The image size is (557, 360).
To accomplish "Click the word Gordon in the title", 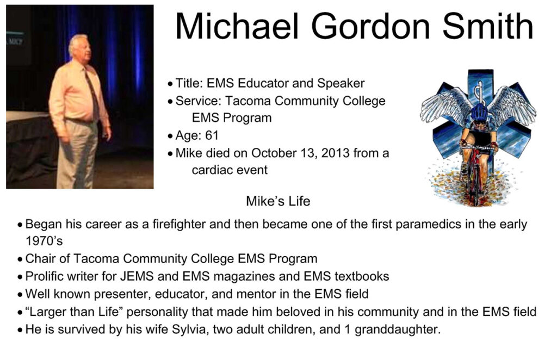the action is coord(370,27).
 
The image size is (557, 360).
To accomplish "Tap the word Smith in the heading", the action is coord(488,26).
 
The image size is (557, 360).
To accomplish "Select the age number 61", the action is coord(212,135).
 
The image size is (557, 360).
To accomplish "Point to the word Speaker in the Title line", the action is coord(341,84).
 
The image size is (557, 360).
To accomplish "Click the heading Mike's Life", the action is coord(278,201).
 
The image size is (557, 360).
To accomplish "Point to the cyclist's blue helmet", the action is coord(480,111).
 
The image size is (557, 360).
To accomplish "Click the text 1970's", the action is coord(44,241).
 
